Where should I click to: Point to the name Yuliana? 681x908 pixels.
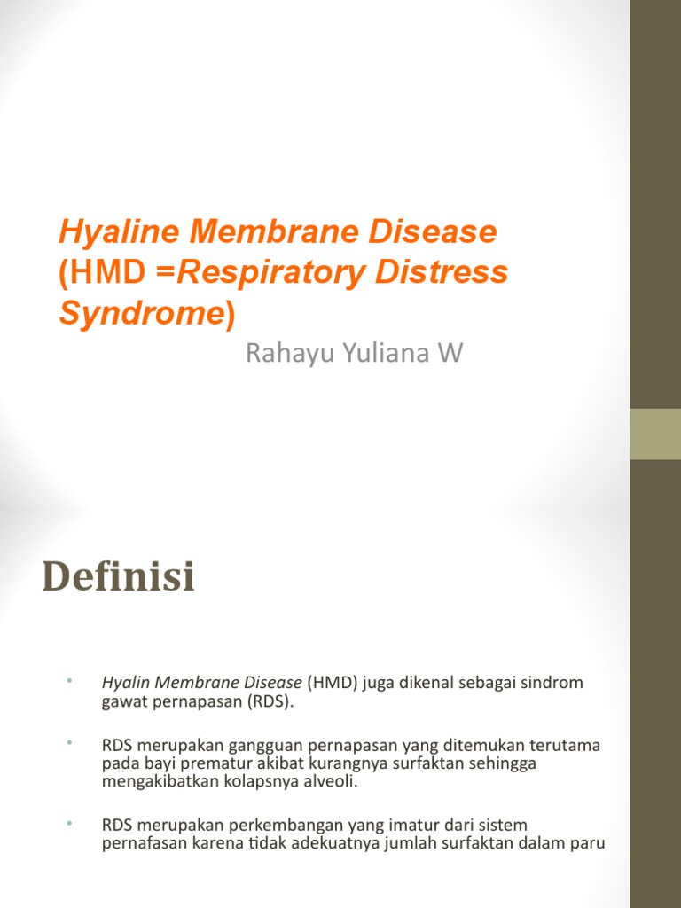pos(384,355)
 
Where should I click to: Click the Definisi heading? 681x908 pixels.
pos(118,579)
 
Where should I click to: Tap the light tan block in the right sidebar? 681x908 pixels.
pos(655,434)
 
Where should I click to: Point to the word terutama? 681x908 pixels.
pos(567,745)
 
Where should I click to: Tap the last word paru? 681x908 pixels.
pos(590,843)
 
